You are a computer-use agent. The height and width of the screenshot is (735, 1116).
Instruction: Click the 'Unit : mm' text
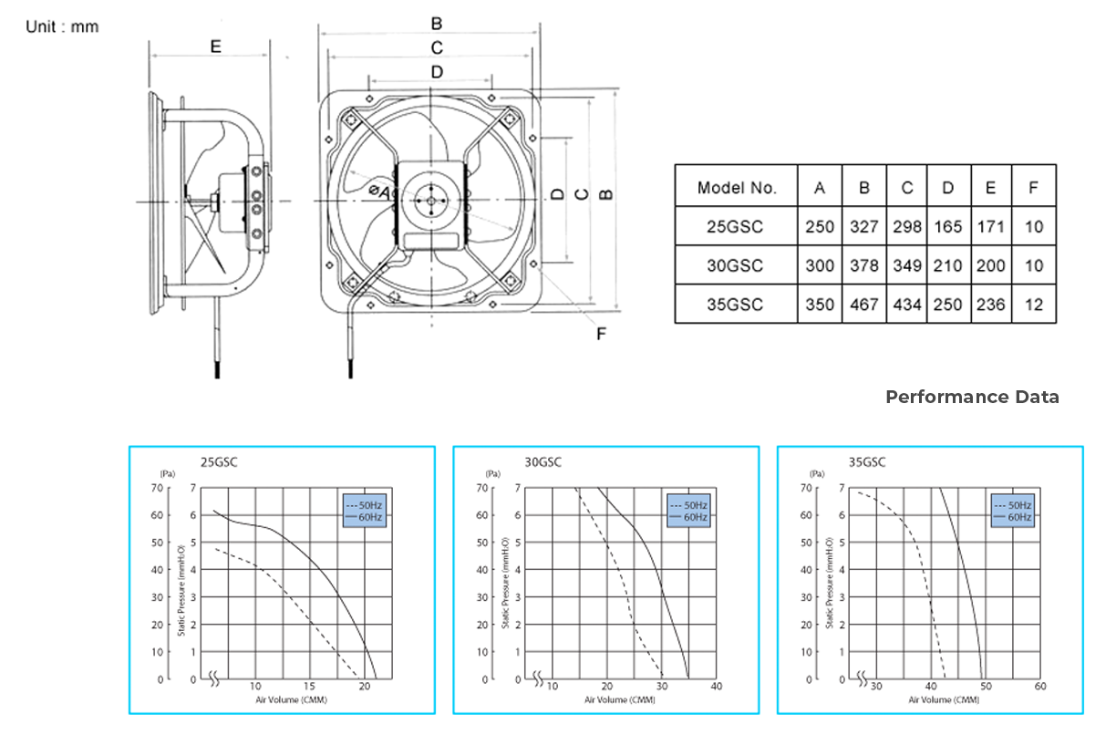(x=62, y=26)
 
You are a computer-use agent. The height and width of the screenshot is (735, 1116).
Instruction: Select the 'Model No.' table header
(x=737, y=188)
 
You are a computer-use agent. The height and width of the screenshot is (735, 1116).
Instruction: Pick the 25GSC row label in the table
(x=735, y=226)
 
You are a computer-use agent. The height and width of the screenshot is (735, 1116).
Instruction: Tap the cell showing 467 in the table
(x=863, y=305)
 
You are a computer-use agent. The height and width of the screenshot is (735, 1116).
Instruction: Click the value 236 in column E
(x=990, y=305)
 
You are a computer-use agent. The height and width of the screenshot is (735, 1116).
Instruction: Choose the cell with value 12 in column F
(x=1033, y=305)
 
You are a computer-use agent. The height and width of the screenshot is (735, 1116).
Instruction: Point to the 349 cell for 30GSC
(x=906, y=265)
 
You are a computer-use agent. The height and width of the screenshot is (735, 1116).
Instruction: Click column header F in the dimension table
(x=1033, y=188)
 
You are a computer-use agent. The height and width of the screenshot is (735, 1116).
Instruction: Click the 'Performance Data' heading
(x=972, y=397)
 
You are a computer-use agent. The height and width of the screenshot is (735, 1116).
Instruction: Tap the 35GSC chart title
(x=867, y=462)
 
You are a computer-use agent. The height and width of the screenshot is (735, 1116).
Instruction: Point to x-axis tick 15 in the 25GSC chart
(x=310, y=687)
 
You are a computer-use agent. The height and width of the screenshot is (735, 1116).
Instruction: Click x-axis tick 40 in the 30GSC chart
(x=716, y=687)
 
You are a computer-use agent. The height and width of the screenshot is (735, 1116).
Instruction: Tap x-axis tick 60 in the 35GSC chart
(x=1039, y=687)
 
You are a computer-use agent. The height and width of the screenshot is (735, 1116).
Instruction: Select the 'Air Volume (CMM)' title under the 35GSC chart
(x=945, y=699)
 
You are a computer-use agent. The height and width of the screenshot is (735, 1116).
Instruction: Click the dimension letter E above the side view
(x=216, y=46)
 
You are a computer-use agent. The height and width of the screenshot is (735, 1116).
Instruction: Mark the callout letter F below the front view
(x=601, y=334)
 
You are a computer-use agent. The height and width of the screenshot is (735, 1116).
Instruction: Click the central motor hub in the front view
(x=429, y=201)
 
